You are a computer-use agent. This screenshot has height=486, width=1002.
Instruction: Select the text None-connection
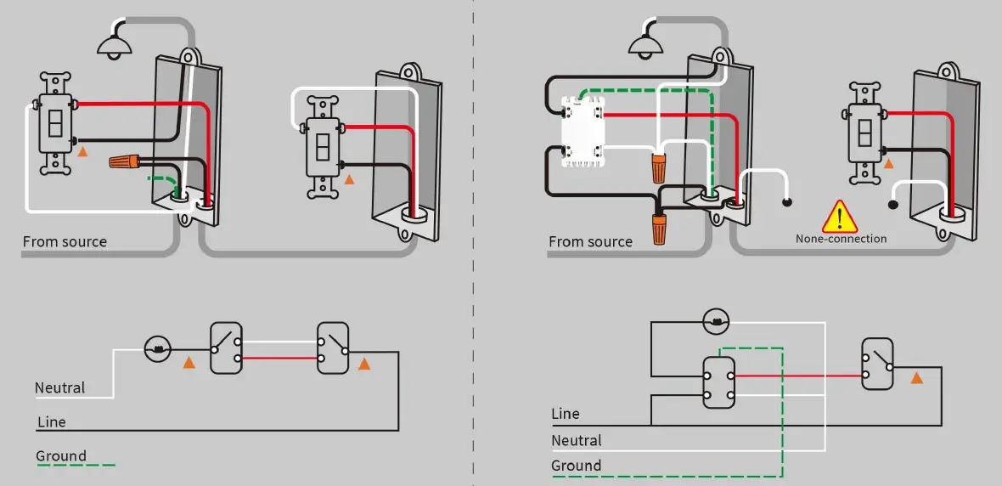(841, 239)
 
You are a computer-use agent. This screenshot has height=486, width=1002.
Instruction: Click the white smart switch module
(583, 132)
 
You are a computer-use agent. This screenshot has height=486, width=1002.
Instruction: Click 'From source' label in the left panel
(65, 242)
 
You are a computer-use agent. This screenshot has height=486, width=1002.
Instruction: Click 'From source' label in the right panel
(590, 242)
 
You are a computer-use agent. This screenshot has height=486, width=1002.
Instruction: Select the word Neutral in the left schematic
(59, 388)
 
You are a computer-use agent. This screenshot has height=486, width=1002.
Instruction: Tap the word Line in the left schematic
(51, 422)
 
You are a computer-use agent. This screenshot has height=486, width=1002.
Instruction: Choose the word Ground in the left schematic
(60, 456)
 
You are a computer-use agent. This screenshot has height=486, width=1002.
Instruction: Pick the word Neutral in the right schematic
(576, 441)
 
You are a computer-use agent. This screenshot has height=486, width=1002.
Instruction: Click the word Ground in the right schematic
(576, 466)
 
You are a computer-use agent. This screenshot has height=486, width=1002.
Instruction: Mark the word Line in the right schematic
(566, 415)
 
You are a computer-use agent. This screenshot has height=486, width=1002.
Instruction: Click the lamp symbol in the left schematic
(158, 347)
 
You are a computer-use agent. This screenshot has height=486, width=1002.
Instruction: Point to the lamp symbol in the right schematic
(717, 321)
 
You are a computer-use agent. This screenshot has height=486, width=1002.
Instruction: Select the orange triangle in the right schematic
(916, 377)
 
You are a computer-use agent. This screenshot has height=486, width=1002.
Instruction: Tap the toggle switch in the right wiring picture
(865, 133)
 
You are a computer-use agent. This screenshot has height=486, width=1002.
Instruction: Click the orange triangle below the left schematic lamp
(189, 364)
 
